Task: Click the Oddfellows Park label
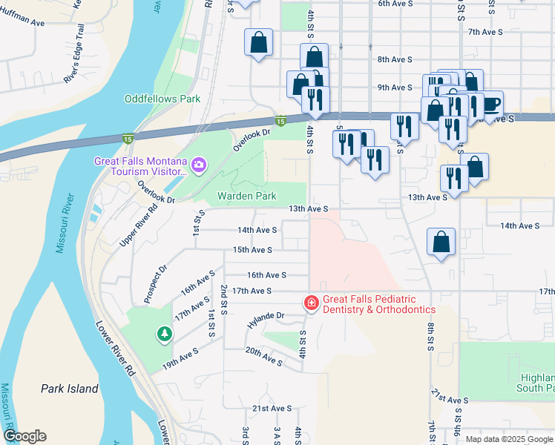click(x=162, y=99)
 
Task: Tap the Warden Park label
click(x=246, y=197)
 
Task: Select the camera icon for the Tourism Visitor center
click(x=198, y=163)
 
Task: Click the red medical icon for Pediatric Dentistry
click(x=311, y=303)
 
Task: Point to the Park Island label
click(x=70, y=389)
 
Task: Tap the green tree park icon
click(x=163, y=335)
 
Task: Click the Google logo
click(x=24, y=436)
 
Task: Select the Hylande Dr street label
click(x=266, y=317)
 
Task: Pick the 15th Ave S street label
click(x=252, y=251)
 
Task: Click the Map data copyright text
click(x=508, y=439)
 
